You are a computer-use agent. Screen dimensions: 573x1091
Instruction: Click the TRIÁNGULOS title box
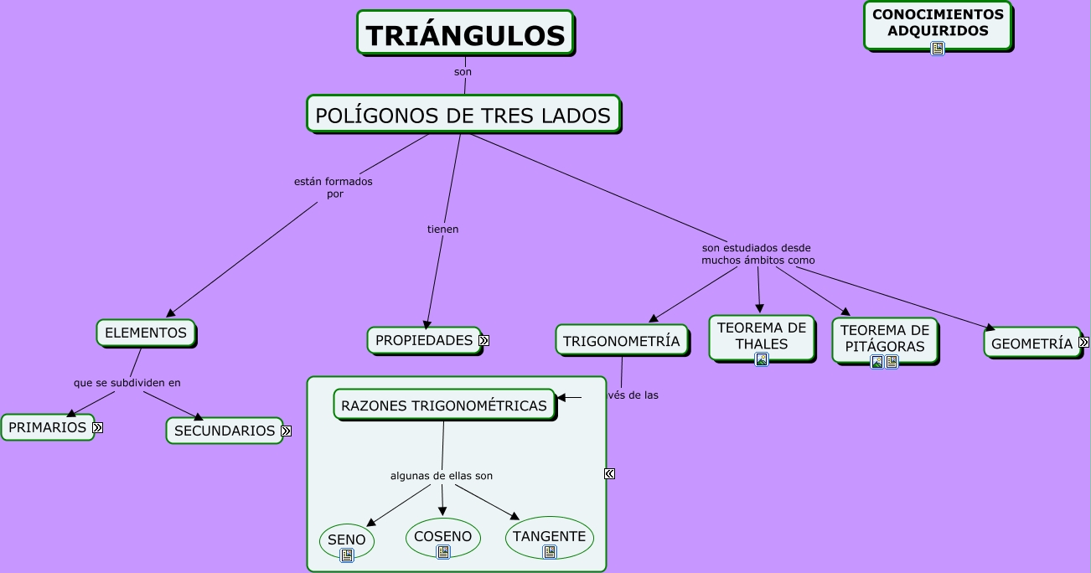(465, 34)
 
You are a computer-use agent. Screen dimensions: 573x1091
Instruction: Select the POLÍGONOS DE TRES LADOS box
(463, 115)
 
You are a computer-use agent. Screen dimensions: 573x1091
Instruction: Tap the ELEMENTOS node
(146, 333)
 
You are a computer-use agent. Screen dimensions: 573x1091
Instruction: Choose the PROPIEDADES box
(423, 340)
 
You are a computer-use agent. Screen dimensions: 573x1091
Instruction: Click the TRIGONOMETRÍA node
(621, 341)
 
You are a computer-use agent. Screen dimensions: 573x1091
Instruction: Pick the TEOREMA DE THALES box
(762, 335)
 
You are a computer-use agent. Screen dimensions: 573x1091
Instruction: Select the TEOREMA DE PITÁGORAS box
(884, 337)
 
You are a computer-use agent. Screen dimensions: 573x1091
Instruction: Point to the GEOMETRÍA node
(1032, 343)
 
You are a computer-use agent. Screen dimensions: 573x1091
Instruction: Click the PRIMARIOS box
(47, 427)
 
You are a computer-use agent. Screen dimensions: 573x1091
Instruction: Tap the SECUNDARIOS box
(224, 431)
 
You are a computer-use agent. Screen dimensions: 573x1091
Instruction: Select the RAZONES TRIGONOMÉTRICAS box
(444, 405)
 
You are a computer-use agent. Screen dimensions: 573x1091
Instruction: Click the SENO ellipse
(346, 539)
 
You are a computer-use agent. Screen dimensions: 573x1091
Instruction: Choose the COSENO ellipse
(442, 535)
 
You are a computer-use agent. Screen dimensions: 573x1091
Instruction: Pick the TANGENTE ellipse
(549, 535)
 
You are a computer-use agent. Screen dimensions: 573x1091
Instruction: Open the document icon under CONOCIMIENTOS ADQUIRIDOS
(938, 49)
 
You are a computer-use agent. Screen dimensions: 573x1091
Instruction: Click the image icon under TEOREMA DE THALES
(762, 359)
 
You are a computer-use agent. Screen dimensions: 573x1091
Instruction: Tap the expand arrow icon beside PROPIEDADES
(484, 340)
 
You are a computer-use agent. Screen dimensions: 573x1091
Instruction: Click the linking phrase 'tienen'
(442, 229)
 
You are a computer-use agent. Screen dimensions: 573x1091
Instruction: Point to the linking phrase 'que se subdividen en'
(127, 383)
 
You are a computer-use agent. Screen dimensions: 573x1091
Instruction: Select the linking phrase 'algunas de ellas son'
(442, 476)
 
